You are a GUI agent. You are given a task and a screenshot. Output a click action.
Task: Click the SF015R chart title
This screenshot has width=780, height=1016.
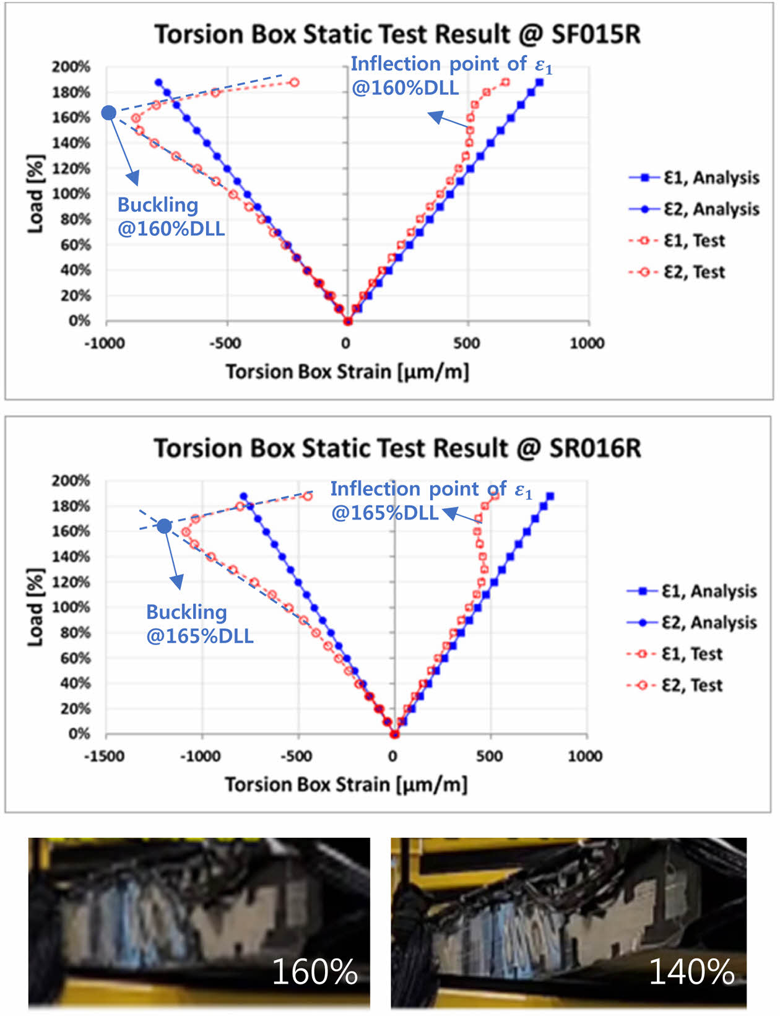click(x=397, y=34)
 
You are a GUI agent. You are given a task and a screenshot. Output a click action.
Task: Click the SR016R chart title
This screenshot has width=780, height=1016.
click(x=397, y=448)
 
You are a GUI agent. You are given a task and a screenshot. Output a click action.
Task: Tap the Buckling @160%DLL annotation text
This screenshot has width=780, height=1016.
click(x=170, y=217)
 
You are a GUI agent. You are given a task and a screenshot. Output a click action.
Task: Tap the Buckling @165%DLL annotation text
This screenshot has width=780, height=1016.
click(x=199, y=624)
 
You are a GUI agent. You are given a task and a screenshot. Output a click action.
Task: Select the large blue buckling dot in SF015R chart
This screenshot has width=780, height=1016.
click(x=108, y=113)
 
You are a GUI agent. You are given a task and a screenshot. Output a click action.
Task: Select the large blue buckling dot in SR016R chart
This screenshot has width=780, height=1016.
click(x=164, y=526)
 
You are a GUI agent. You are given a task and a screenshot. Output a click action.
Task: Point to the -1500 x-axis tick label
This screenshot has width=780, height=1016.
click(x=104, y=756)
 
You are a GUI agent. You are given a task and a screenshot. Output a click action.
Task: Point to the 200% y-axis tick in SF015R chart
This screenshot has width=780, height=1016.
click(x=71, y=67)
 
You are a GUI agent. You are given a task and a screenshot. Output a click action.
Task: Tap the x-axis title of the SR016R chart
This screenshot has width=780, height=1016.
click(x=345, y=784)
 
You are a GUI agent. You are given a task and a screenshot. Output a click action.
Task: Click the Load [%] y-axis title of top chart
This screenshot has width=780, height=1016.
click(x=36, y=194)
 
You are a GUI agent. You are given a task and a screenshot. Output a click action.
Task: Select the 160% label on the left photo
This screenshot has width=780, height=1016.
click(x=314, y=971)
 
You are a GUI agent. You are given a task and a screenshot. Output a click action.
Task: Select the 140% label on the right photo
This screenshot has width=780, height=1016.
click(x=691, y=971)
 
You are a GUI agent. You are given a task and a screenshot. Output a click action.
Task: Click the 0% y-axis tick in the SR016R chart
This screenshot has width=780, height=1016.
click(x=79, y=734)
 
